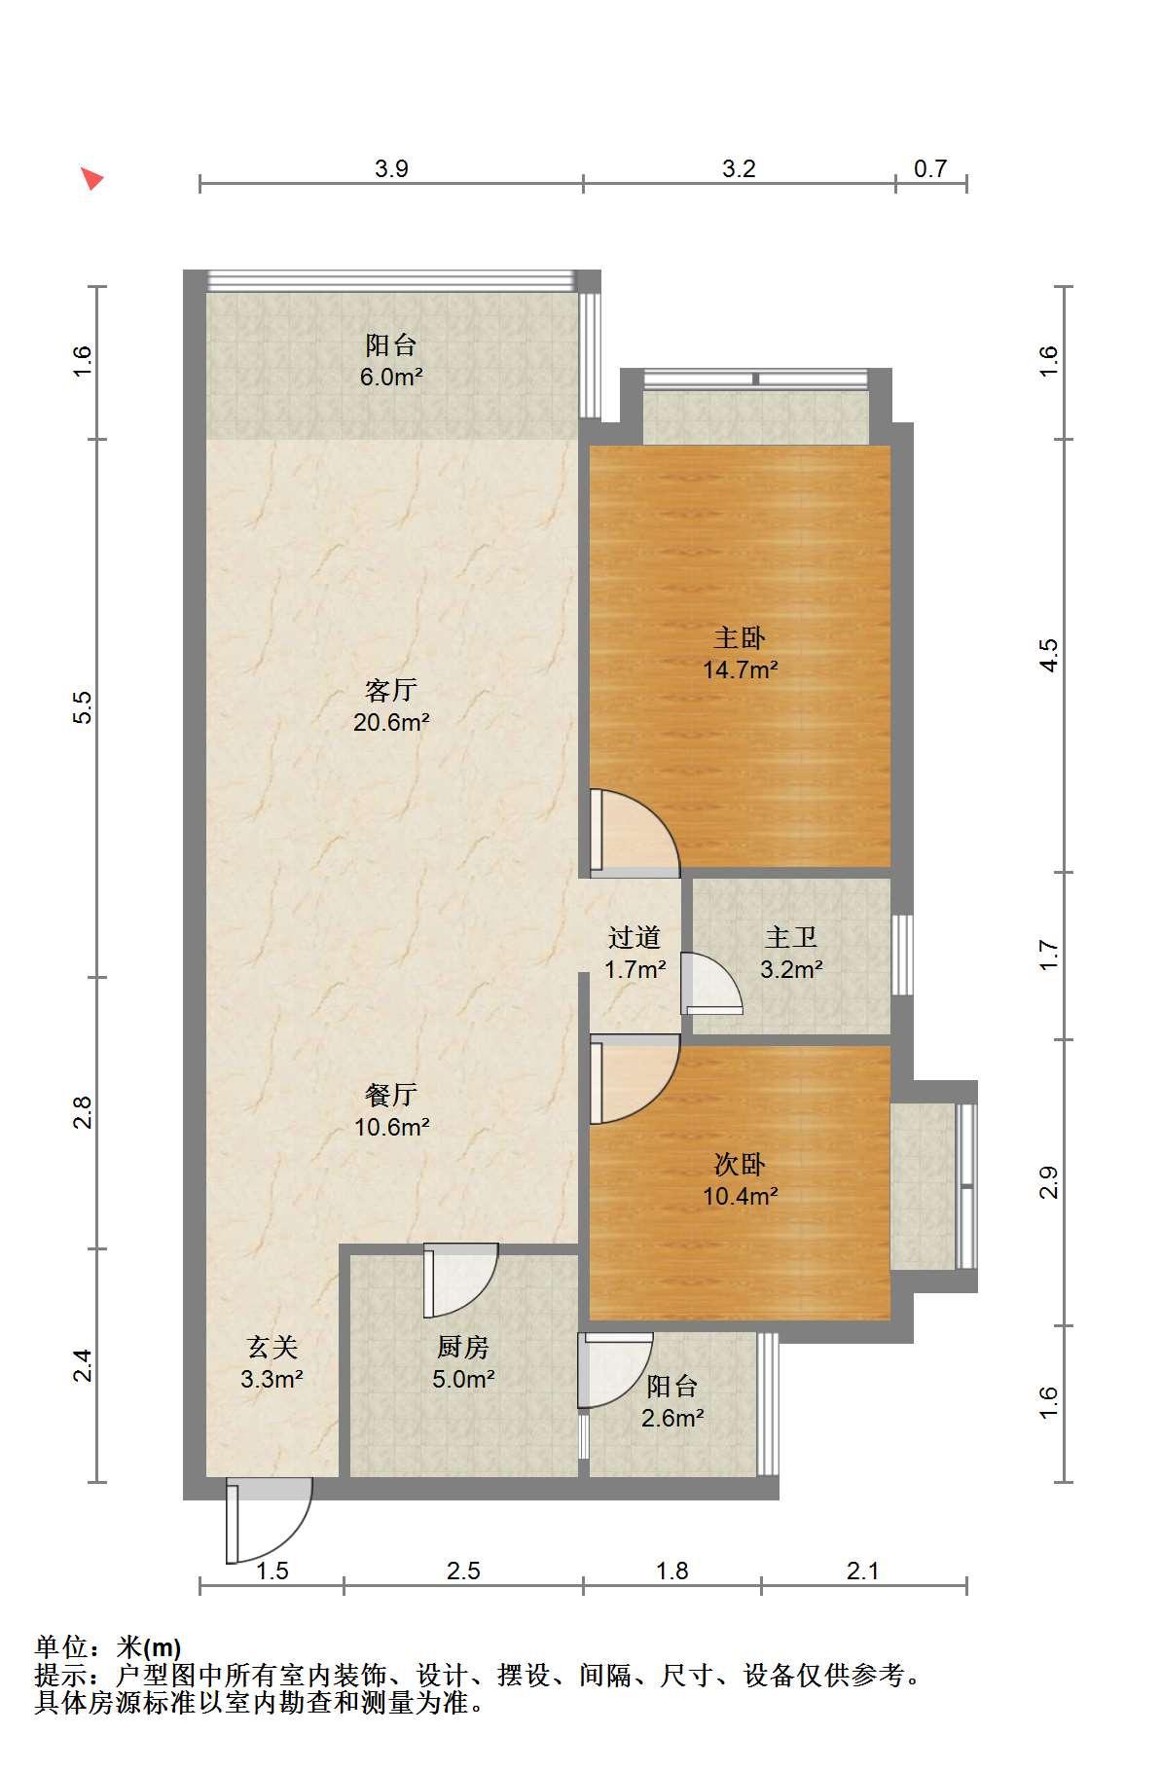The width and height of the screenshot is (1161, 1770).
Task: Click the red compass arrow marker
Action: pyautogui.click(x=92, y=178)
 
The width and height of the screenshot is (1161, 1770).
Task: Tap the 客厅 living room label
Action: pyautogui.click(x=391, y=690)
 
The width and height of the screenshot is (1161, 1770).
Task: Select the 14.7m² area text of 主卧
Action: pyautogui.click(x=741, y=669)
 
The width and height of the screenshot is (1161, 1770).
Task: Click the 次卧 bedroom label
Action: pyautogui.click(x=741, y=1164)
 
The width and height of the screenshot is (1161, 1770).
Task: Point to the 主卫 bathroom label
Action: pyautogui.click(x=790, y=937)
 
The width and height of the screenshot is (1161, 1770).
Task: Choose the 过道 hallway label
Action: pyautogui.click(x=635, y=937)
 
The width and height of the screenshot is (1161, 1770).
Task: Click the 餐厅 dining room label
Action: pyautogui.click(x=391, y=1095)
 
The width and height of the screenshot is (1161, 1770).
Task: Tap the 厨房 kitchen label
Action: pyautogui.click(x=463, y=1347)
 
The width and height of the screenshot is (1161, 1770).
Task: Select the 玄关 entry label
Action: pyautogui.click(x=272, y=1347)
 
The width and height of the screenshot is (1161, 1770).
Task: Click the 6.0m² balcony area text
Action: pyautogui.click(x=391, y=377)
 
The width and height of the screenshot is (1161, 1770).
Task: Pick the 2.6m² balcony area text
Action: pyautogui.click(x=672, y=1418)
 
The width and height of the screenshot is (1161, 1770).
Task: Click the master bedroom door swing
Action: pyautogui.click(x=635, y=828)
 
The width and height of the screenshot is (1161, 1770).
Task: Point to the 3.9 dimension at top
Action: pyautogui.click(x=391, y=168)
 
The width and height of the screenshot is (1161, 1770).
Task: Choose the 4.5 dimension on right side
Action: pyautogui.click(x=1048, y=655)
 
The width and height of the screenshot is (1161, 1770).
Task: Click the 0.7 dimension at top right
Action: pyautogui.click(x=930, y=168)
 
